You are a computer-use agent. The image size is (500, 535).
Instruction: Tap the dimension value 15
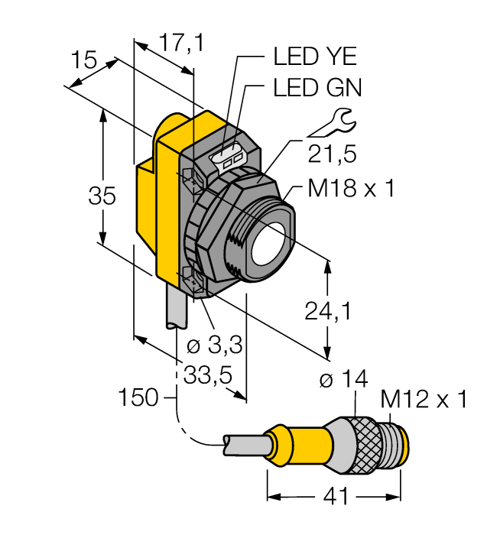(83, 60)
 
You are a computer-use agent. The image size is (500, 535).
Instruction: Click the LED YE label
(315, 57)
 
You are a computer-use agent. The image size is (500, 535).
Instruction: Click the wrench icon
(334, 122)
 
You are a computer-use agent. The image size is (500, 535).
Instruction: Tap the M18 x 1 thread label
(351, 189)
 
